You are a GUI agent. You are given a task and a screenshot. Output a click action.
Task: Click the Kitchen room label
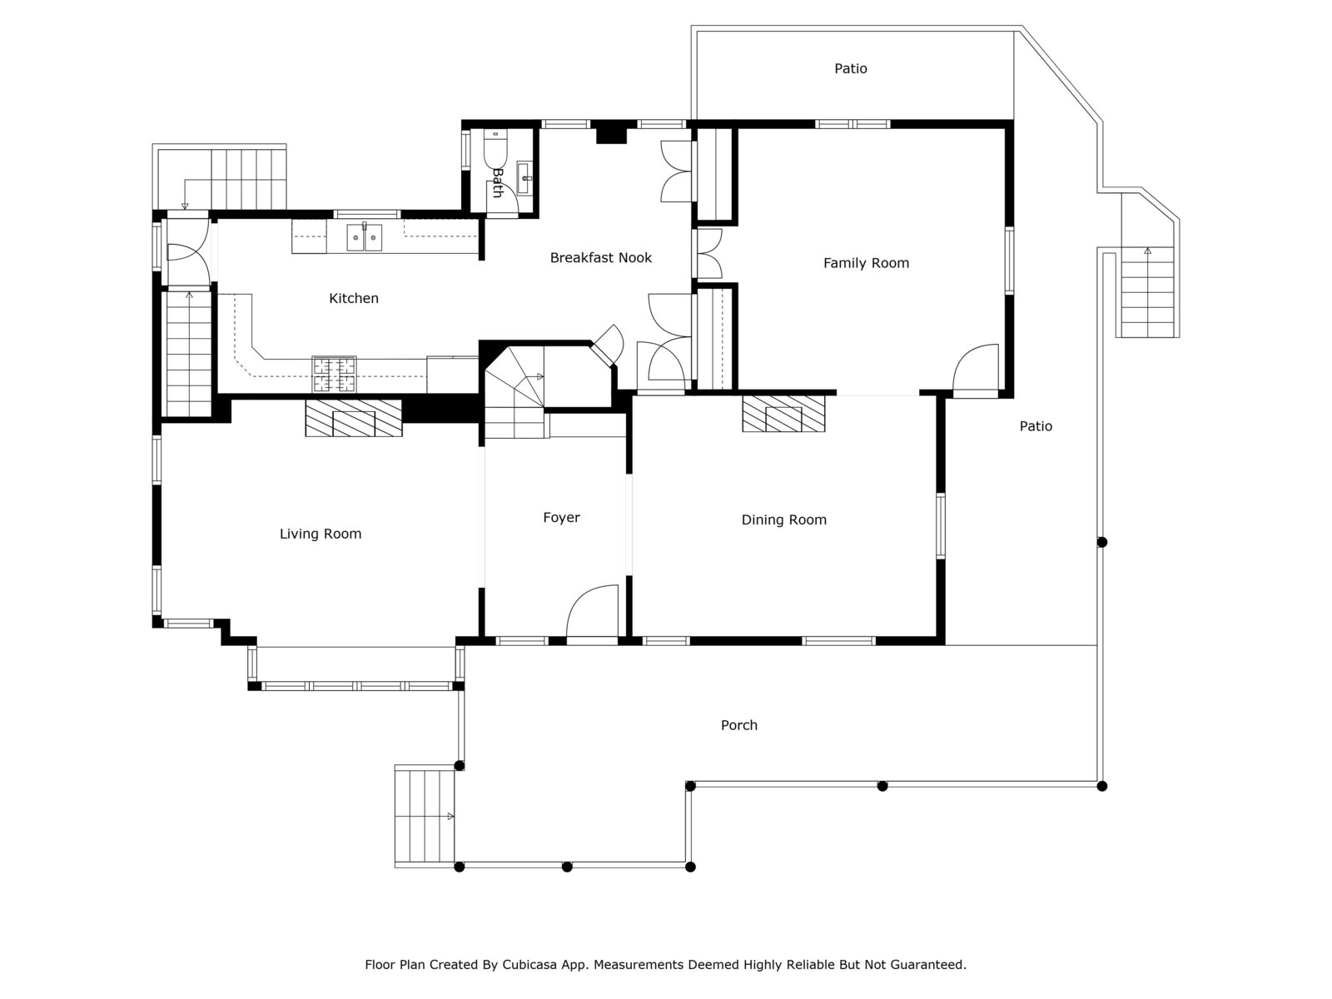pyautogui.click(x=354, y=298)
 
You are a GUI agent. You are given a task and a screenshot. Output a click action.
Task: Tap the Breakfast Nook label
pyautogui.click(x=600, y=258)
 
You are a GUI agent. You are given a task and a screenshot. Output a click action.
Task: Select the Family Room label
pyautogui.click(x=866, y=263)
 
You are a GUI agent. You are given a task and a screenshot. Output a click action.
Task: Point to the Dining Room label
pyautogui.click(x=783, y=520)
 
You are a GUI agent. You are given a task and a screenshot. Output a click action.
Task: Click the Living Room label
pyautogui.click(x=321, y=534)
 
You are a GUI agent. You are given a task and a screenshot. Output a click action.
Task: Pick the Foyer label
pyautogui.click(x=561, y=518)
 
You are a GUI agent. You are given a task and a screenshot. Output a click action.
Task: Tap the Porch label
pyautogui.click(x=738, y=725)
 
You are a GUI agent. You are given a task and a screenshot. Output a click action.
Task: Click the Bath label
pyautogui.click(x=497, y=182)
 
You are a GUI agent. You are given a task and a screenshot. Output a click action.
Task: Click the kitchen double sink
pyautogui.click(x=365, y=237)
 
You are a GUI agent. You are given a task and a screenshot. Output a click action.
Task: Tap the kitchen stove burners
pyautogui.click(x=335, y=374)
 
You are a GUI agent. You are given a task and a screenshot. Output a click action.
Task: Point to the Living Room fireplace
pyautogui.click(x=353, y=418)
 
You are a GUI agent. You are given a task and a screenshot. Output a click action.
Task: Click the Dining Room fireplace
pyautogui.click(x=783, y=413)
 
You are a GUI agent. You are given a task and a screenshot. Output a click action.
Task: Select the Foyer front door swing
pyautogui.click(x=592, y=613)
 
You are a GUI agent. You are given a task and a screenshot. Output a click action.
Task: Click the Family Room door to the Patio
pyautogui.click(x=975, y=370)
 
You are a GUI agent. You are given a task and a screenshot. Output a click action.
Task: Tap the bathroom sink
pyautogui.click(x=525, y=173)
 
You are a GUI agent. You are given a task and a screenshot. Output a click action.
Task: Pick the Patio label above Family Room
pyautogui.click(x=851, y=68)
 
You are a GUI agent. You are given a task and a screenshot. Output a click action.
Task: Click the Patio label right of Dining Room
pyautogui.click(x=1036, y=426)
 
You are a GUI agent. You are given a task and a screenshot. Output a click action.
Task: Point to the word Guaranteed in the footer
pyautogui.click(x=926, y=965)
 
